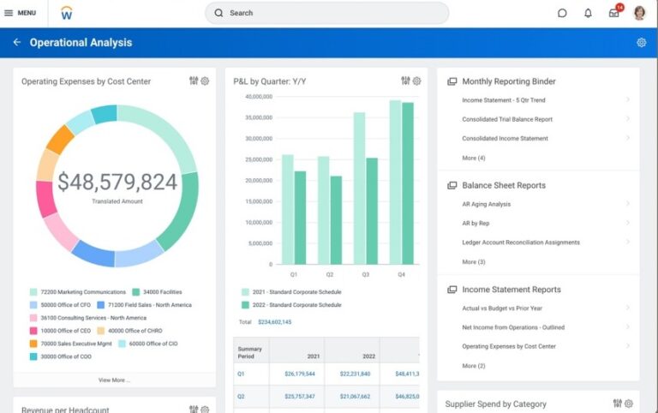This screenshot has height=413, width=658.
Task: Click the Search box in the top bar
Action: (326, 13)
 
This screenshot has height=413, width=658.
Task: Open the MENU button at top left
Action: (21, 13)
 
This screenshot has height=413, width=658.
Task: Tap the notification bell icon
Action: (588, 13)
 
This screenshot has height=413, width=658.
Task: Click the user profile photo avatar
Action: (639, 13)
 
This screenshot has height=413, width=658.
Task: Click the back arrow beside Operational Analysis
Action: (16, 42)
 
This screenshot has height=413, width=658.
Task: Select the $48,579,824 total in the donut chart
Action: (117, 182)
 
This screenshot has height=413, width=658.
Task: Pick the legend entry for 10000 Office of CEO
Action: (65, 330)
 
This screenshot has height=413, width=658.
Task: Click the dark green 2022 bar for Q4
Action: (408, 183)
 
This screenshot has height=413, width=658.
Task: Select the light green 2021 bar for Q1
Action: (288, 210)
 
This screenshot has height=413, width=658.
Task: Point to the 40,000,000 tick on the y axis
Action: (258, 97)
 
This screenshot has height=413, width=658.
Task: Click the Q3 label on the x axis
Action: (365, 275)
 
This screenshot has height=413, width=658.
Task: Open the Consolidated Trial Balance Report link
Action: (507, 119)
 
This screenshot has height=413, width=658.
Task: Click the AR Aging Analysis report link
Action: (486, 204)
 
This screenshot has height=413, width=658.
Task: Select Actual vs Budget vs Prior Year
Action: (502, 308)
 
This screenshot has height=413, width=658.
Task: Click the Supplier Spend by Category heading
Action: (495, 404)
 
